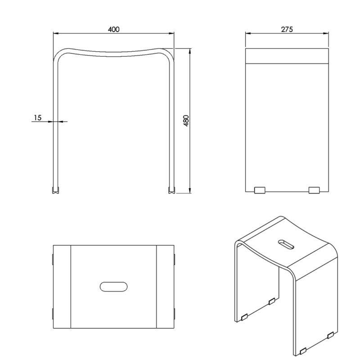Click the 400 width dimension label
point(114,29)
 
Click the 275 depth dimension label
point(287,29)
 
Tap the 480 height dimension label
point(186,121)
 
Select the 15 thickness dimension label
point(38,118)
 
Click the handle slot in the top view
point(114,287)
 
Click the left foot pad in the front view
point(55,190)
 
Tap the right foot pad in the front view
point(172,190)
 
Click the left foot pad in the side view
point(260,190)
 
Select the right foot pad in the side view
point(314,190)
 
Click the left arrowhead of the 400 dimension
point(56,33)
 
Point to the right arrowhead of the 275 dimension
point(326,33)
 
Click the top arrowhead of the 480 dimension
point(190,51)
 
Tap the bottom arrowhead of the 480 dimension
point(190,190)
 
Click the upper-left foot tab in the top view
point(53,259)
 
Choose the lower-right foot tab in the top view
point(175,314)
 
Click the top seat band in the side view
point(287,56)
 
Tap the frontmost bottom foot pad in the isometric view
point(303,351)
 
